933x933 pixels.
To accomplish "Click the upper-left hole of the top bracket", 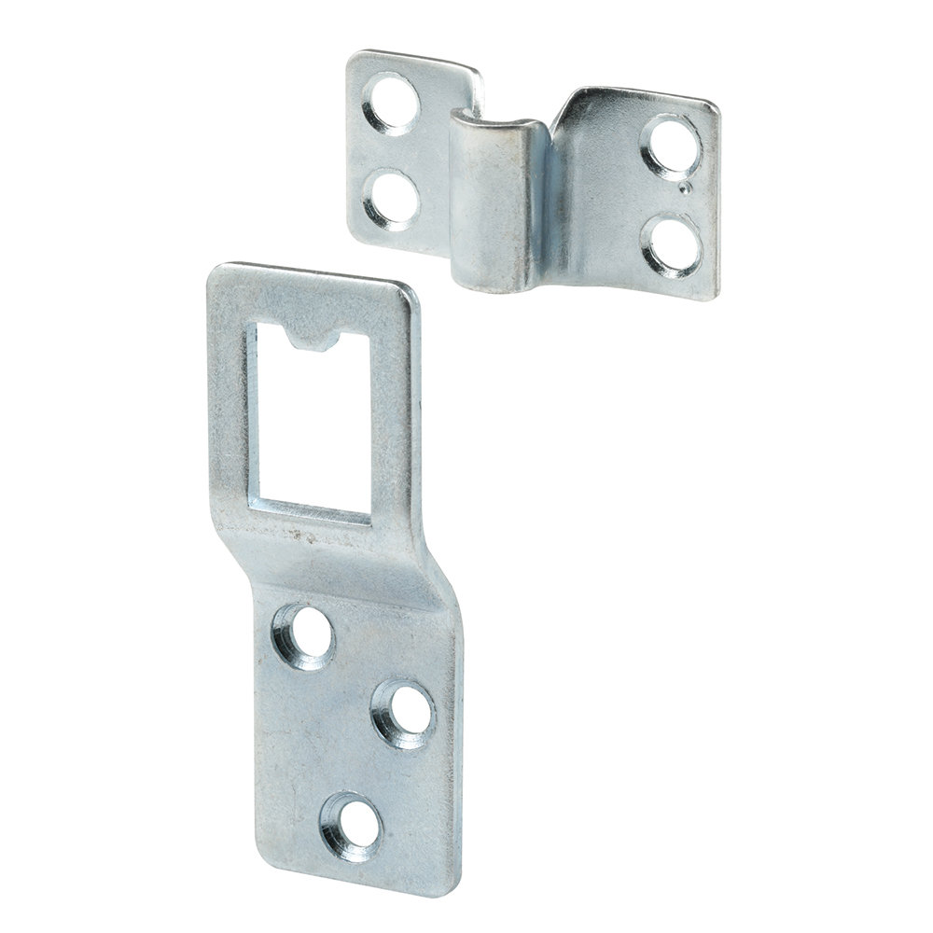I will tap(393, 103).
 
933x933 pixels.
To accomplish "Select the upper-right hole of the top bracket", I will tap(670, 146).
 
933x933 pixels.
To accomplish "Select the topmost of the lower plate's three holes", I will tap(302, 634).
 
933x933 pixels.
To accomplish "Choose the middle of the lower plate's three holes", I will tap(403, 713).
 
